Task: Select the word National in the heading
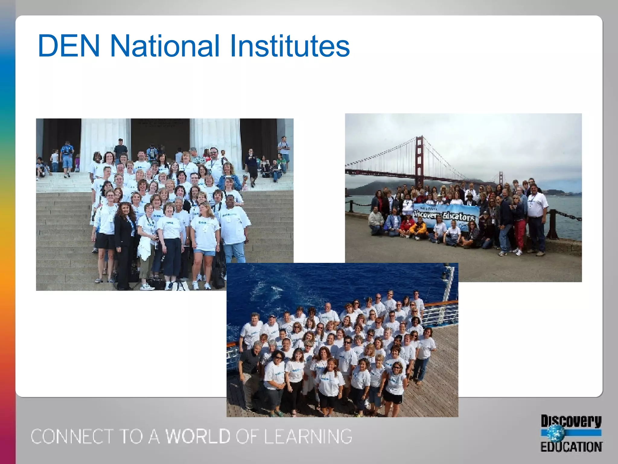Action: click(164, 46)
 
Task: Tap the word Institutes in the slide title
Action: click(290, 46)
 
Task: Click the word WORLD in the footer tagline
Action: click(198, 436)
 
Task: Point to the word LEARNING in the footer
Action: click(308, 436)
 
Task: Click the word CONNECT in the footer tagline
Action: click(72, 436)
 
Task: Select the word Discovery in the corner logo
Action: click(571, 421)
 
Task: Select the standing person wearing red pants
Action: click(519, 224)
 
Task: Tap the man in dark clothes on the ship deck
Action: click(250, 375)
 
